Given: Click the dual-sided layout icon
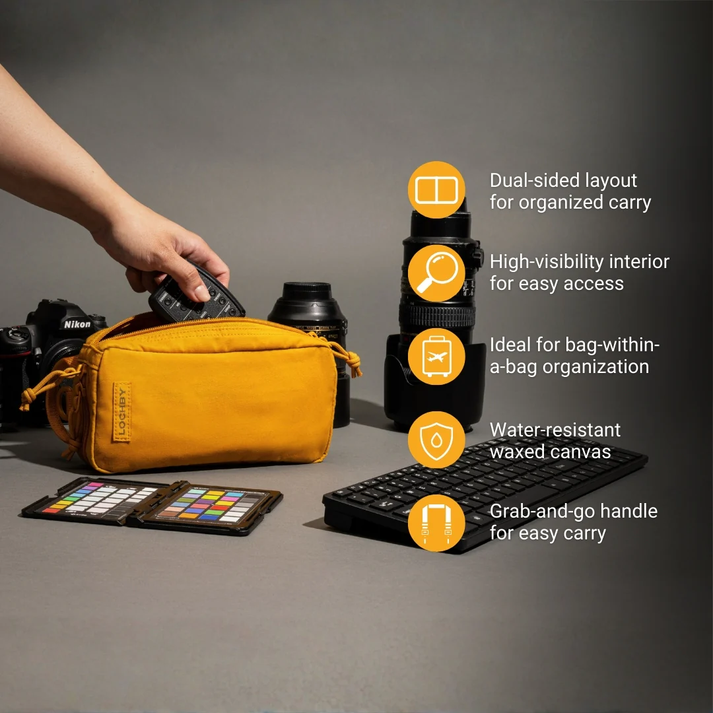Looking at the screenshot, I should coord(436,190).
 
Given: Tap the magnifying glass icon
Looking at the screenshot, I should coord(436,273).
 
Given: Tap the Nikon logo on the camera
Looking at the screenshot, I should coord(77,324).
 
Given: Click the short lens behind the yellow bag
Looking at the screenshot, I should coord(309,314).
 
